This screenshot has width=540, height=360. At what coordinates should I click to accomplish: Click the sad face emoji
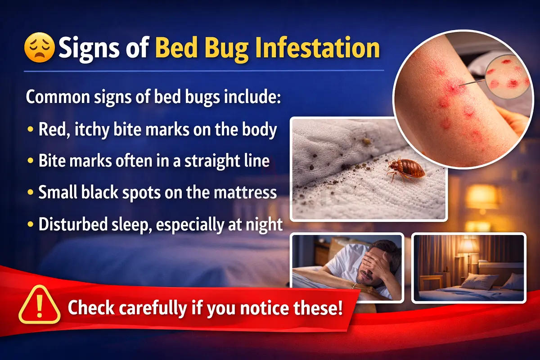point(39,48)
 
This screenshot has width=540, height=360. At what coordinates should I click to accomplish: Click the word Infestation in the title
point(317,48)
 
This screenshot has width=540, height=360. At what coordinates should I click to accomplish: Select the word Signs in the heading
point(89,49)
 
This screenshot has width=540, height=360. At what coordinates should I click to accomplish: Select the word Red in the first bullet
point(53,130)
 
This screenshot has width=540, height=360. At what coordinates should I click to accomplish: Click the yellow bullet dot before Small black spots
point(31,193)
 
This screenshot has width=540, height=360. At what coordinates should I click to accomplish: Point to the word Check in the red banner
point(91,307)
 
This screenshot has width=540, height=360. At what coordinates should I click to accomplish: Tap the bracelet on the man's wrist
point(353,285)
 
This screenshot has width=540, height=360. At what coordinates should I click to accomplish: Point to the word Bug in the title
point(227,49)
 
